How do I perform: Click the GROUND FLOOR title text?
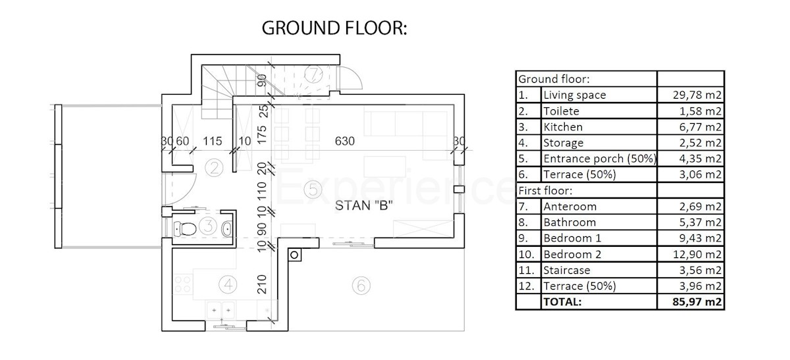coord(334,28)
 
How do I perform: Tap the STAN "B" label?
coord(363,205)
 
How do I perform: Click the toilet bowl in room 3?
coord(185,228)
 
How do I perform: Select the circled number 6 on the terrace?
coord(361,285)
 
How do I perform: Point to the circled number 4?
coord(228,284)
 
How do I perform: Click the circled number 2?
coord(214,168)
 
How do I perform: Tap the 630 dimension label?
coord(344,141)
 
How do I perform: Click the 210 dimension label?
coord(262,284)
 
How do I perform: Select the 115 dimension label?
coord(212,141)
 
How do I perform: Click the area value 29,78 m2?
coord(697,95)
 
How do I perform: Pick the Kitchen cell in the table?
coord(563,127)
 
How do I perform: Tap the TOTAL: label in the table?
coord(562,302)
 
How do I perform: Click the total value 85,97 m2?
coord(697,302)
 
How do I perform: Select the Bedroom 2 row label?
coord(572,254)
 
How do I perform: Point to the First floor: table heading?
coord(545,191)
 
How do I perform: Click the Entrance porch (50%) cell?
coord(600,159)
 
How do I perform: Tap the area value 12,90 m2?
coord(697,254)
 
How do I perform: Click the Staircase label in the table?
coord(567,270)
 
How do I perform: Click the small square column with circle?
coord(294,255)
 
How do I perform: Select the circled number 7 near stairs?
coord(313,74)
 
